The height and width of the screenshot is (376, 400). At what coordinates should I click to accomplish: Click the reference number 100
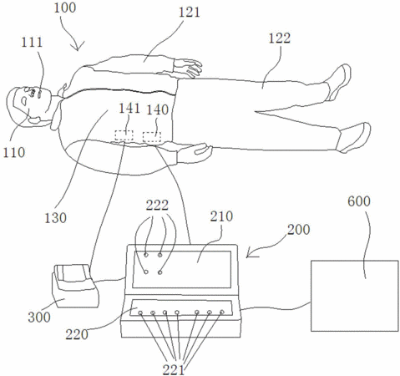(x=64, y=8)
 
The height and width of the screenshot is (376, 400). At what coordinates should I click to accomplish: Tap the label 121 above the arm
(x=189, y=13)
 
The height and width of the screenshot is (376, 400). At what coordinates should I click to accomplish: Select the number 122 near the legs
(x=280, y=38)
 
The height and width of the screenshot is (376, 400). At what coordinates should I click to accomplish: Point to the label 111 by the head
(x=32, y=43)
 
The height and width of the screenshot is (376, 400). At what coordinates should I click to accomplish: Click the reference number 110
(x=14, y=152)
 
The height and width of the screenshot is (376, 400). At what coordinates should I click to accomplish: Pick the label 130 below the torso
(x=55, y=218)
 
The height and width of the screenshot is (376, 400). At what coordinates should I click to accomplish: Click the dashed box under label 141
(x=124, y=135)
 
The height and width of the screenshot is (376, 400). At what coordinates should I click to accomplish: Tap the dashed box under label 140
(x=152, y=137)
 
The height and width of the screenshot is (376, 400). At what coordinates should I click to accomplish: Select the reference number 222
(x=158, y=206)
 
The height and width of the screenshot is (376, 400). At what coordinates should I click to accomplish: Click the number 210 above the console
(x=221, y=216)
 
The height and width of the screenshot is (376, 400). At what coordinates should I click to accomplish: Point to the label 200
(x=299, y=230)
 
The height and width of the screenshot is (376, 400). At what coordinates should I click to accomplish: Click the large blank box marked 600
(x=355, y=296)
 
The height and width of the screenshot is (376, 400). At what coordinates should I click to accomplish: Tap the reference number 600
(x=359, y=201)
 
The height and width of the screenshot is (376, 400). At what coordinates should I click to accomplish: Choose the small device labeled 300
(x=75, y=286)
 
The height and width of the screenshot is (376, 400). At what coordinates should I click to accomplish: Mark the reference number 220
(x=77, y=334)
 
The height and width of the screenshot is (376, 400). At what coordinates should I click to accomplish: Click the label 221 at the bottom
(x=174, y=370)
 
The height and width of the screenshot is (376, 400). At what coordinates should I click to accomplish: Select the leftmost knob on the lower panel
(x=140, y=313)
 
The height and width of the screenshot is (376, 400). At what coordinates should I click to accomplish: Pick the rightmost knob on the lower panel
(x=222, y=312)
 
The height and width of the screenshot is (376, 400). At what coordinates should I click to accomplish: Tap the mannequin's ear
(x=35, y=120)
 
